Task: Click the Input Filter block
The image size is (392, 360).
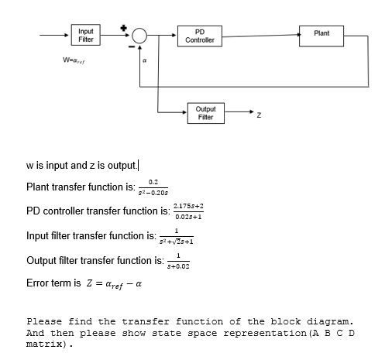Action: pyautogui.click(x=87, y=35)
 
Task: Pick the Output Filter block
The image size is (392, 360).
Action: pyautogui.click(x=205, y=113)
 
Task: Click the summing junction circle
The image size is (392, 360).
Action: pyautogui.click(x=140, y=36)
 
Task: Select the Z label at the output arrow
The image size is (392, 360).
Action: pyautogui.click(x=259, y=117)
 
